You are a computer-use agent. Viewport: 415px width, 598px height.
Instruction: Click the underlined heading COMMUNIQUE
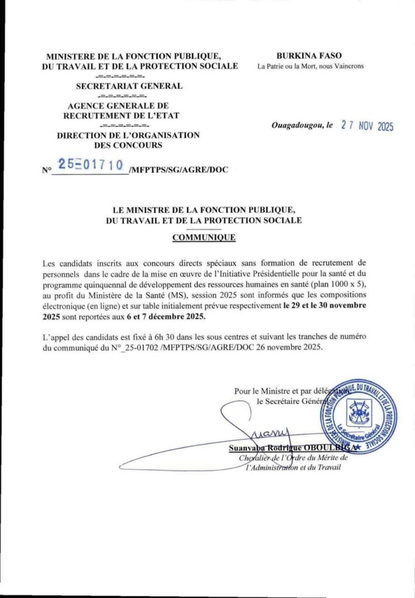pos(203,238)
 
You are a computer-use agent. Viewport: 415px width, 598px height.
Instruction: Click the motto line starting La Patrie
pos(310,66)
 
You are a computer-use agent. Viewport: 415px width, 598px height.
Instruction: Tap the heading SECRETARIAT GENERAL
pos(129,86)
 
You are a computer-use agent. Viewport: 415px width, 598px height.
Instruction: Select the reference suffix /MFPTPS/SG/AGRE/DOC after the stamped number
pos(179,170)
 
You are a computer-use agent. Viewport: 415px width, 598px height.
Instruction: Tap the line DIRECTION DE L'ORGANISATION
pos(128,135)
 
